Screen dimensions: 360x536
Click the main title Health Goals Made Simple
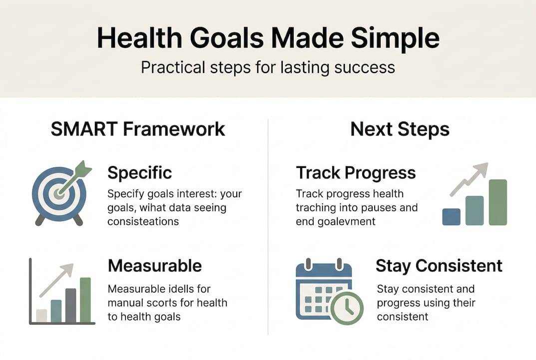pos(268,38)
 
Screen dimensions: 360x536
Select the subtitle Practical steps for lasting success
pos(268,67)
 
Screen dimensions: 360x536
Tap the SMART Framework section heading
pos(138,129)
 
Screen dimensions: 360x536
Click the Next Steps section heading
pos(400,129)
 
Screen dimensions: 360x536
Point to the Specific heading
pos(140,173)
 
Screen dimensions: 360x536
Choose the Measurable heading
pos(155,265)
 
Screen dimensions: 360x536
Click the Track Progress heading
pos(356,173)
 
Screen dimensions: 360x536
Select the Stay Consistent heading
pos(439,265)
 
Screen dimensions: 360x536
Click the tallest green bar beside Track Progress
pos(498,202)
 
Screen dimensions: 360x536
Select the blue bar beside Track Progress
pos(451,216)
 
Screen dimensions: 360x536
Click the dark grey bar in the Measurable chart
pos(70,305)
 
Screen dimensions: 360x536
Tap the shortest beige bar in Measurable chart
pos(41,315)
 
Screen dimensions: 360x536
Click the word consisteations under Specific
pos(143,221)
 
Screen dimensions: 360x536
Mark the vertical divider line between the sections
pos(268,225)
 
